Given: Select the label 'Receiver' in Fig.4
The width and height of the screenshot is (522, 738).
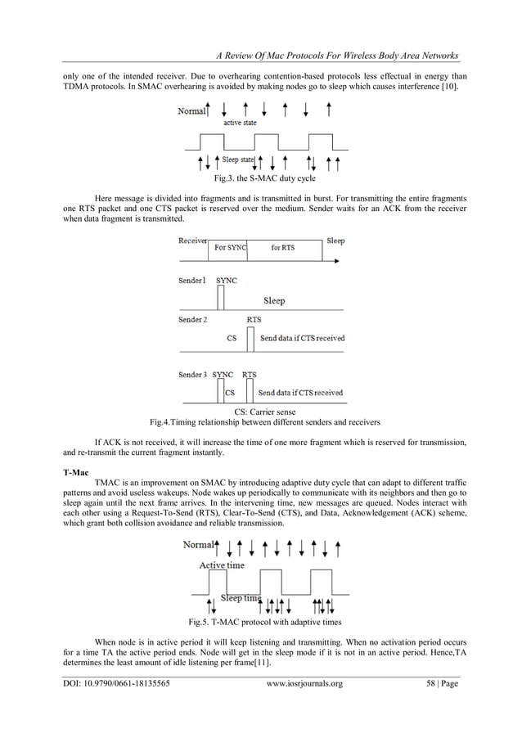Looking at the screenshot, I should tap(193, 241).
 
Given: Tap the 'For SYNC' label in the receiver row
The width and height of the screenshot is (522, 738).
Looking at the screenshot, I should tap(230, 248).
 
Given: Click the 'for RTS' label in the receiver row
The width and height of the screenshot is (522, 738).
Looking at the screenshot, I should tap(283, 248).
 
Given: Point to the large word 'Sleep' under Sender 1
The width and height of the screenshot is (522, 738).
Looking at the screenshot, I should tap(274, 300).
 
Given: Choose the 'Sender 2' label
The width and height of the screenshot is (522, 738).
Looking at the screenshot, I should tap(193, 319).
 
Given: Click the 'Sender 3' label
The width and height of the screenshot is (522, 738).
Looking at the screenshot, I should tap(193, 375).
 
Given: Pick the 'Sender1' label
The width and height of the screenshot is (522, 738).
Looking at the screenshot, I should tap(193, 280).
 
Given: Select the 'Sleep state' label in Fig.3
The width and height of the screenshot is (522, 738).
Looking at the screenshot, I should tap(238, 160).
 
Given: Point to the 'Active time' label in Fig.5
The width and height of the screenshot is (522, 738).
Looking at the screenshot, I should tap(221, 565).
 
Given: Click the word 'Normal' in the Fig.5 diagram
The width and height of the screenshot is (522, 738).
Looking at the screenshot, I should tap(199, 544).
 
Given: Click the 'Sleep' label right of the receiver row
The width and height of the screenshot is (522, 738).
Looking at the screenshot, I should tap(335, 241).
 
